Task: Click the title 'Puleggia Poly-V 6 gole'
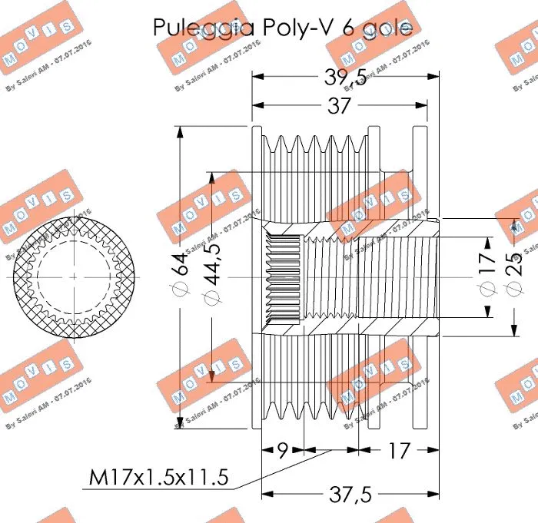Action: click(282, 28)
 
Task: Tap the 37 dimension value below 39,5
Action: click(339, 107)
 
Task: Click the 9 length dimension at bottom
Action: click(283, 449)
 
